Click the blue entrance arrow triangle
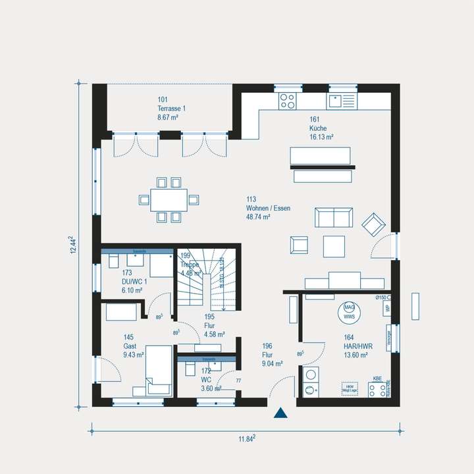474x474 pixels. point(281,413)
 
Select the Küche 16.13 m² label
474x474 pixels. point(321,128)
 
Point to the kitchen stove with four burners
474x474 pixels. point(288,100)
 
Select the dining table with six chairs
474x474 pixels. point(169,199)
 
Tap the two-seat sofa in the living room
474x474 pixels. point(333,217)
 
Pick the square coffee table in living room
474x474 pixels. point(334,246)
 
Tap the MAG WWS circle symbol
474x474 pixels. point(348,311)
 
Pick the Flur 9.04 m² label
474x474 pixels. point(272,355)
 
